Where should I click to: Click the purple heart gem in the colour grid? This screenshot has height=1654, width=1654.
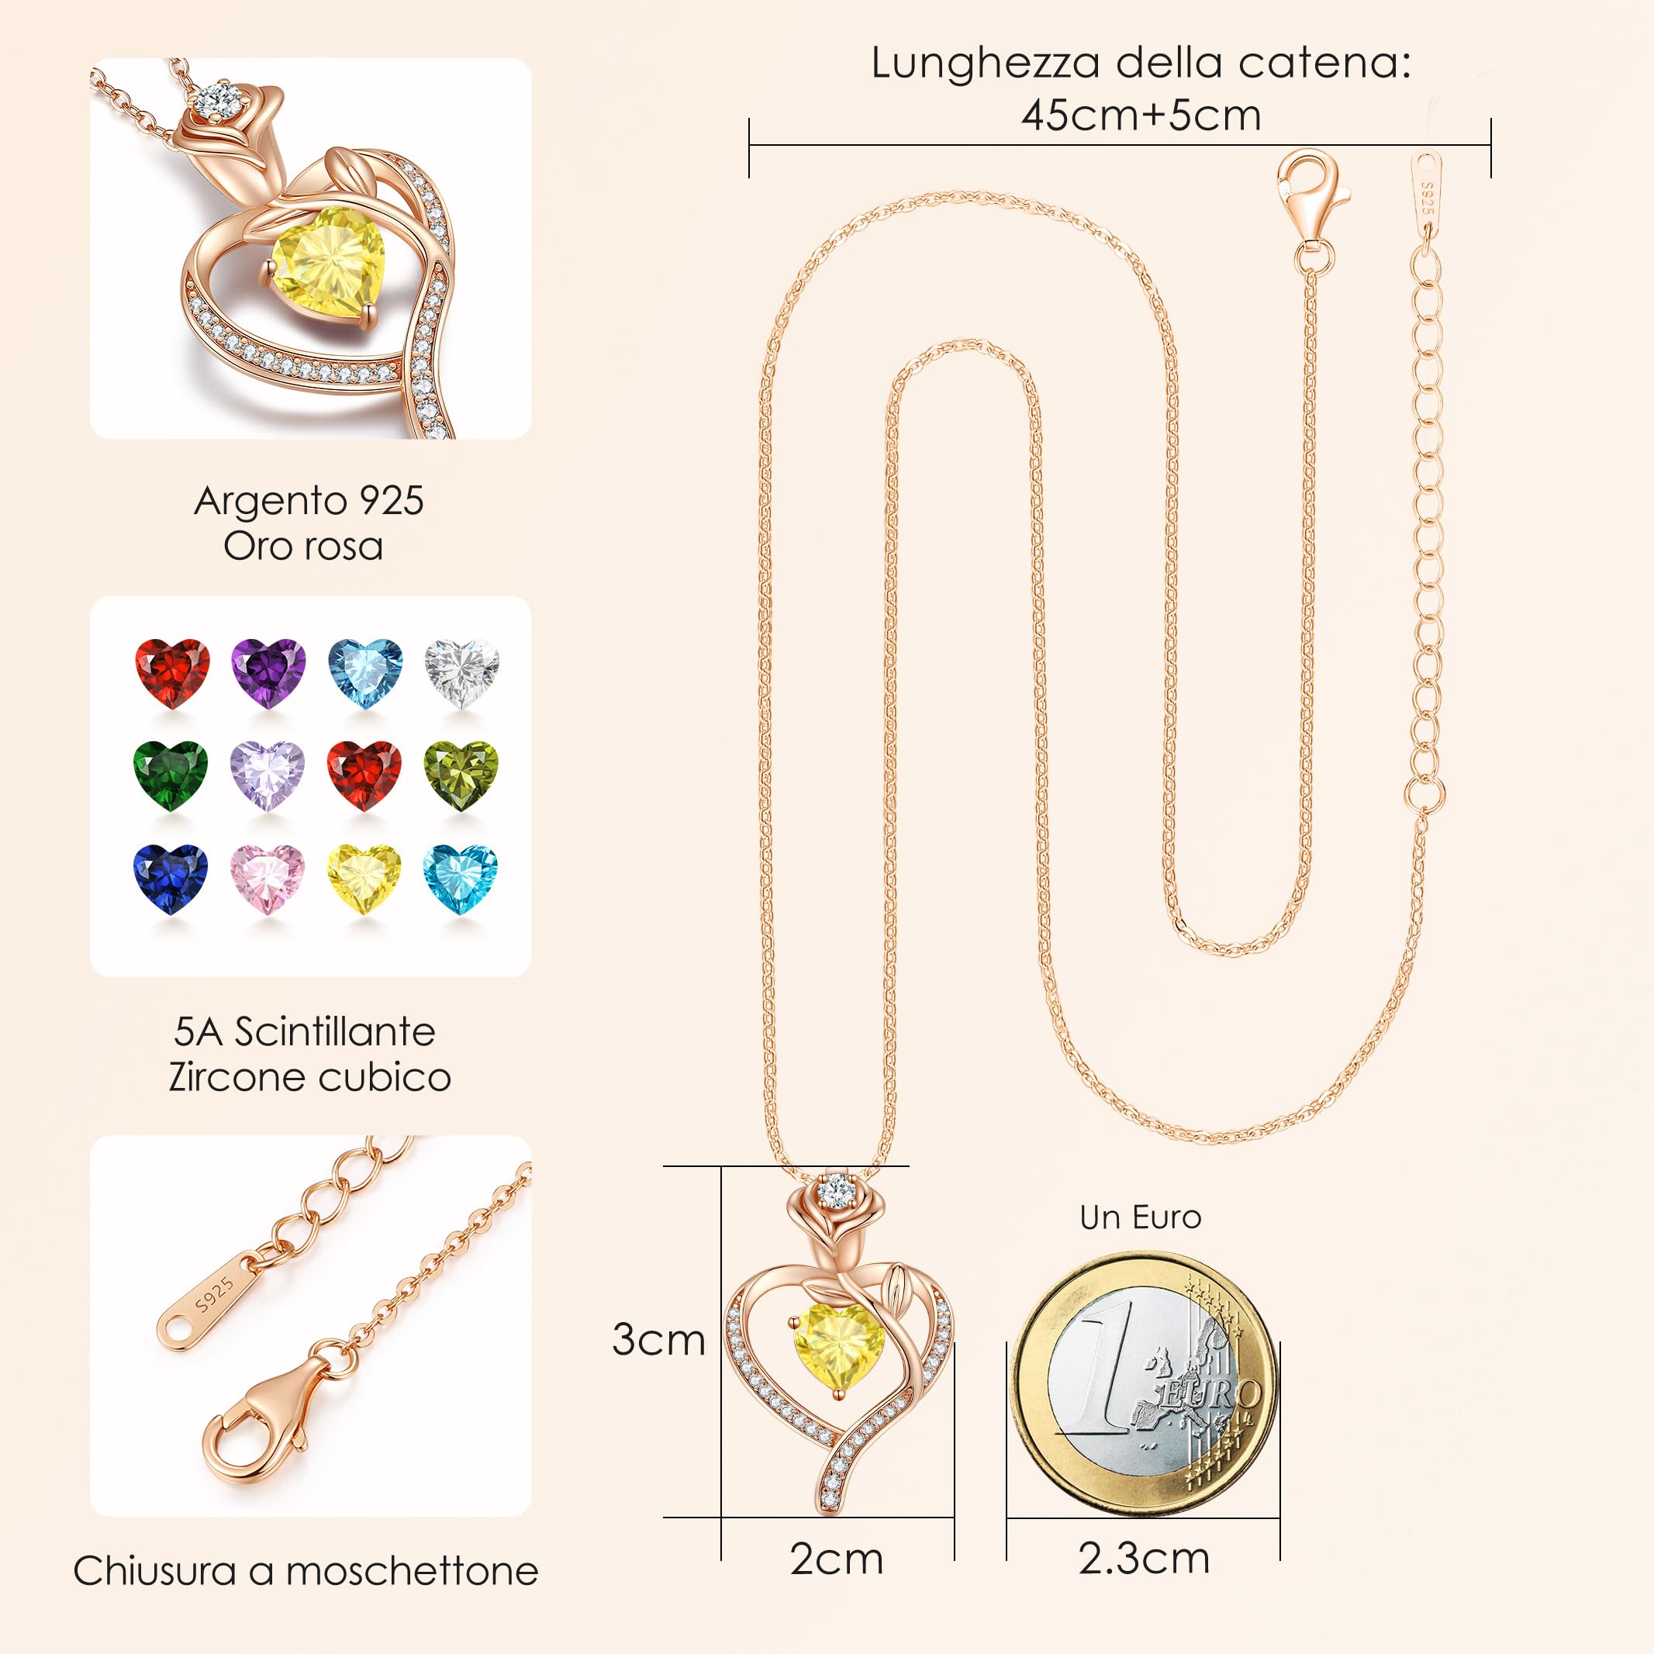coord(268,672)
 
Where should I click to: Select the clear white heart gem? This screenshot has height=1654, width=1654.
coord(461,672)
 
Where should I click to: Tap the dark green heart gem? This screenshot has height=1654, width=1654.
coord(171,775)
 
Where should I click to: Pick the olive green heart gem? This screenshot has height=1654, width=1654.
coord(461,775)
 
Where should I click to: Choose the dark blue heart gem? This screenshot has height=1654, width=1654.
coord(171,879)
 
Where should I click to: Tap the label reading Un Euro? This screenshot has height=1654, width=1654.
coord(1141,1217)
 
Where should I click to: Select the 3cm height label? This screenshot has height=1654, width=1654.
coord(658,1340)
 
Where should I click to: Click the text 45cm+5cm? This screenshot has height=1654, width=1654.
coord(1141,115)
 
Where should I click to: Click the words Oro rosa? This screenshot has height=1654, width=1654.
coord(303,546)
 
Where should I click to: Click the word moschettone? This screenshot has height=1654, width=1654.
coord(412,1571)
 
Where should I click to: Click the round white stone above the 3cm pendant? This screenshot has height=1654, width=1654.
coord(837,1190)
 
